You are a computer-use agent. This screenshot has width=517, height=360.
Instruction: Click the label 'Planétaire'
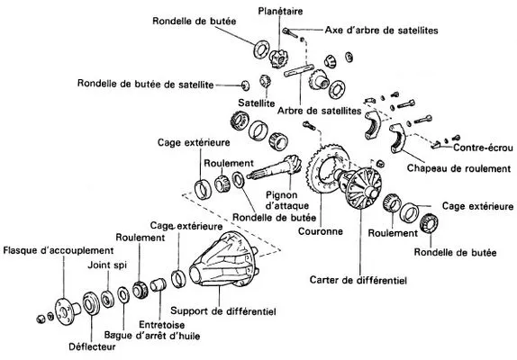tap(280, 11)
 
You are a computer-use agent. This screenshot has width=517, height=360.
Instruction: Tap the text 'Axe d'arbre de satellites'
tap(382, 31)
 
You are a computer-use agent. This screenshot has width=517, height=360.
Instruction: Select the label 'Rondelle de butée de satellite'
tap(145, 84)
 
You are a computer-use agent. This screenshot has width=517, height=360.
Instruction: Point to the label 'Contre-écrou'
tap(483, 148)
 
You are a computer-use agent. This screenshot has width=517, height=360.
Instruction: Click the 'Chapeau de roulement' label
tap(458, 168)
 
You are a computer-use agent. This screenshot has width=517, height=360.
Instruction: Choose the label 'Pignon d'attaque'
tap(286, 201)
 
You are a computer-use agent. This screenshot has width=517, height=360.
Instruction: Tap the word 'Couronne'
tap(321, 231)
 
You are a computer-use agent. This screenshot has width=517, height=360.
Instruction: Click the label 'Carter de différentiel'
tap(358, 280)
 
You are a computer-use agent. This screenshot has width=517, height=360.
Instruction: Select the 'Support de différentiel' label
tap(223, 310)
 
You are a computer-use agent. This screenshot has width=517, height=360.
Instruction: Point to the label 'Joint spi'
tap(107, 265)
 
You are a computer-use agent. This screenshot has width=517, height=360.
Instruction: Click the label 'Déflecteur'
tap(92, 346)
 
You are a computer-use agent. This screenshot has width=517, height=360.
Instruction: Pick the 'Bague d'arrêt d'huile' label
tap(152, 336)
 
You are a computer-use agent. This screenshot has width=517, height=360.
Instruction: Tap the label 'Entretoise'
tap(161, 325)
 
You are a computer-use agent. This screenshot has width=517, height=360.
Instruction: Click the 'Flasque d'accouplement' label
tap(59, 250)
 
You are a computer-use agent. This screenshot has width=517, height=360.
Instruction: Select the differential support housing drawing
tap(224, 260)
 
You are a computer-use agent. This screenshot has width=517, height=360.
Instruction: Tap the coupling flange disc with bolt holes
tap(65, 311)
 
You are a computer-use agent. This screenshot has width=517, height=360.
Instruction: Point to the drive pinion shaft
tap(275, 168)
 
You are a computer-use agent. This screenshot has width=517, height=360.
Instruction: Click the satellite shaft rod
tap(298, 71)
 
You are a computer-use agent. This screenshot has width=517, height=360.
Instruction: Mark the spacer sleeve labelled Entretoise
tap(159, 284)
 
